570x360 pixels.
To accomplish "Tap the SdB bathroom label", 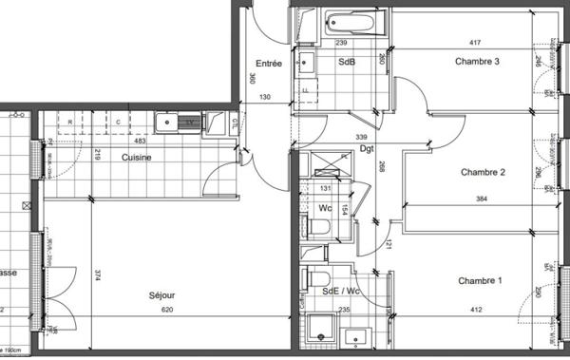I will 348,62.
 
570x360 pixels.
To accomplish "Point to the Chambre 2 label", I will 482,172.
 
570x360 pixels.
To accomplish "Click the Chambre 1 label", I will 479,281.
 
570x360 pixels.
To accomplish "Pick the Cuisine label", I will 137,157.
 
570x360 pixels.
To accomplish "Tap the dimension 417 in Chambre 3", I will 474,43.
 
